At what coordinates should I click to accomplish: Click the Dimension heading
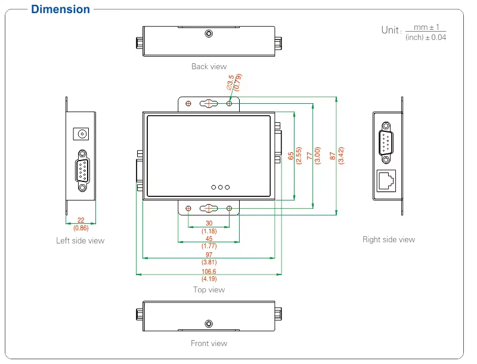[60, 10]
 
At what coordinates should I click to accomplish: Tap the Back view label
[209, 66]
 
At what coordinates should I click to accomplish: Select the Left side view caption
[80, 240]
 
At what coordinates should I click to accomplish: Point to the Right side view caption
[388, 239]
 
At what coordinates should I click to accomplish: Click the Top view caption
[209, 289]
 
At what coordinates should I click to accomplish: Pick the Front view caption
[209, 343]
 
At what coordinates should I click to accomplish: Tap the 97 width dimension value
[209, 255]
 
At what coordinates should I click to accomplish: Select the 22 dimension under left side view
[80, 221]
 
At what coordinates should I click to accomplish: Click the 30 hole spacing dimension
[209, 224]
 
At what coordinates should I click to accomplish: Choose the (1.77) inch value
[209, 246]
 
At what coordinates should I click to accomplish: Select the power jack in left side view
[80, 132]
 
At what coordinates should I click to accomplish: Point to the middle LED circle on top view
[221, 187]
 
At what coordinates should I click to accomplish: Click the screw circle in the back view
[208, 33]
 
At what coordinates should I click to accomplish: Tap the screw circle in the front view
[208, 323]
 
